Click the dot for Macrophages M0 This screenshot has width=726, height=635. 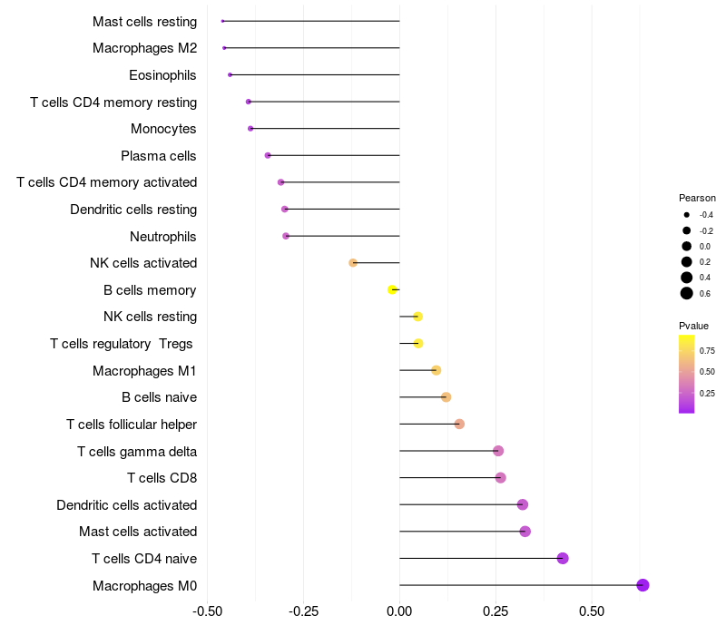(x=643, y=585)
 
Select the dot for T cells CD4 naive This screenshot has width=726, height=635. (x=563, y=558)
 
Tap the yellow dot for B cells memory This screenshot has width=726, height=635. (x=392, y=290)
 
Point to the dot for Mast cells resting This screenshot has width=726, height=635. (x=222, y=21)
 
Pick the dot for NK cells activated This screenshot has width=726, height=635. (x=353, y=263)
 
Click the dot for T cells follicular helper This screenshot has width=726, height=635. (x=459, y=425)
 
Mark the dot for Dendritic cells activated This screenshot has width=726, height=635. (x=522, y=504)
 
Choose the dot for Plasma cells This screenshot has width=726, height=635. (x=268, y=155)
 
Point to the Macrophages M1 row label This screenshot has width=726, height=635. (x=144, y=371)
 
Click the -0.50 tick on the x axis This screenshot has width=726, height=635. (x=208, y=611)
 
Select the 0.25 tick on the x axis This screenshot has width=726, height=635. (x=495, y=611)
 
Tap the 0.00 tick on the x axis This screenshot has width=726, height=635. (x=399, y=611)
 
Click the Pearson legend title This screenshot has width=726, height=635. (x=697, y=198)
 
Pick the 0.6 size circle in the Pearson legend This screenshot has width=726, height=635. (x=687, y=293)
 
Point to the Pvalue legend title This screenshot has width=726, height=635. (x=693, y=326)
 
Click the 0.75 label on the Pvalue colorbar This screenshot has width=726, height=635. (x=707, y=351)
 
